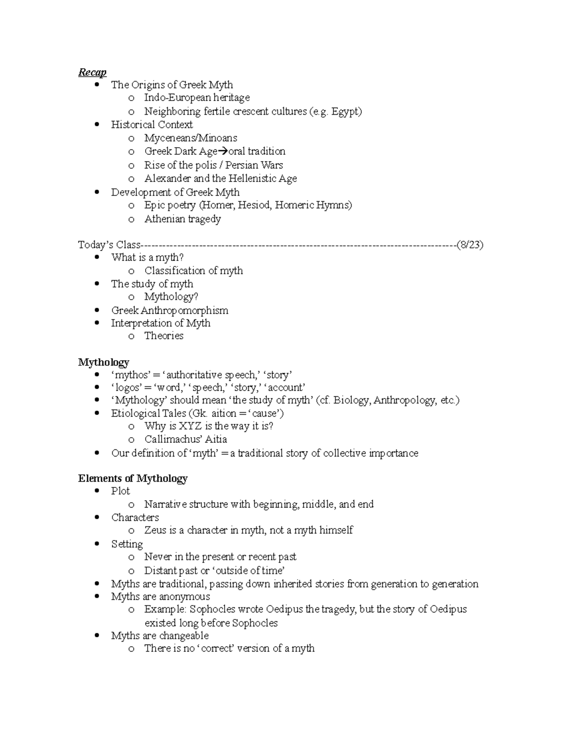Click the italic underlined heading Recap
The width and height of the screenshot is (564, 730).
(x=92, y=72)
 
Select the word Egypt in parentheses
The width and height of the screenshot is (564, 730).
(x=345, y=111)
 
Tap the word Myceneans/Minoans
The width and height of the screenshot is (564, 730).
(x=190, y=138)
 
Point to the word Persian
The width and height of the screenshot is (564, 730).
(x=242, y=165)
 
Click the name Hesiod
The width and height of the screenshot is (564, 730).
(x=254, y=205)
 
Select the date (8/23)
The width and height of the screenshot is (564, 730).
(x=470, y=244)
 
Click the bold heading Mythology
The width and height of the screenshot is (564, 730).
(x=103, y=362)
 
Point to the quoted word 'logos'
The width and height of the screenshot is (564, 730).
(x=126, y=388)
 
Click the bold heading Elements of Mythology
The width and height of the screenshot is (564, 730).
(x=133, y=479)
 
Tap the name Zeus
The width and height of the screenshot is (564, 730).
(x=155, y=530)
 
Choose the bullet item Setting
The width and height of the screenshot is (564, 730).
(x=127, y=544)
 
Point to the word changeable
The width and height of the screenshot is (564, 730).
(x=184, y=636)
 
